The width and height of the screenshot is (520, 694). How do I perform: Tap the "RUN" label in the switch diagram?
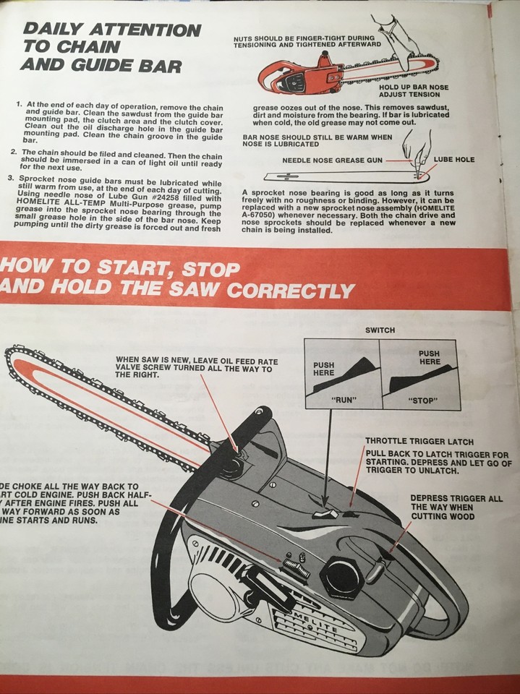[344, 400]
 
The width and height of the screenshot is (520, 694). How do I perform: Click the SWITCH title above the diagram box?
[380, 330]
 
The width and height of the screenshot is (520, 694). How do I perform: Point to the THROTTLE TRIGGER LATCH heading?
[409, 440]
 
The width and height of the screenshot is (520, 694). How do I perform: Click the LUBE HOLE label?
[454, 159]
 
